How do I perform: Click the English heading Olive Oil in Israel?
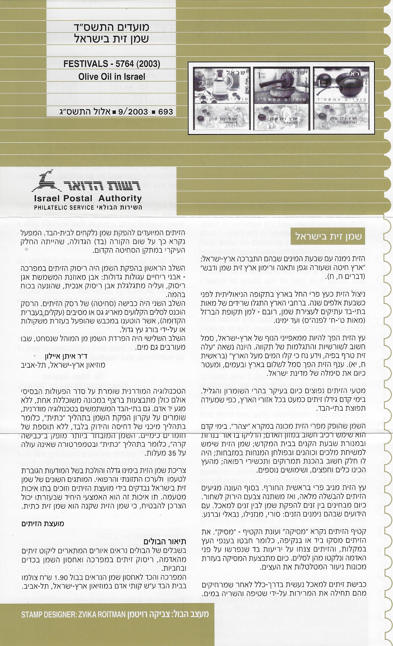112,76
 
